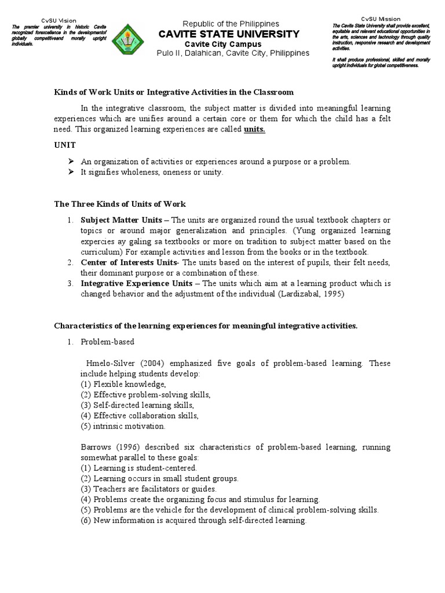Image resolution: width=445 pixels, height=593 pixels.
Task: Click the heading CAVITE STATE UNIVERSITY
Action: (231, 34)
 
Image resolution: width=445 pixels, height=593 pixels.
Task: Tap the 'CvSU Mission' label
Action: (381, 19)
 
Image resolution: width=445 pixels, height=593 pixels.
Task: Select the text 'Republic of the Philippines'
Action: (231, 24)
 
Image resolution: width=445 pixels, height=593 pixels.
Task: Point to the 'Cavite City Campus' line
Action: (222, 44)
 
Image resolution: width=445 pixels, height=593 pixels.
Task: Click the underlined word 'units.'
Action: (254, 129)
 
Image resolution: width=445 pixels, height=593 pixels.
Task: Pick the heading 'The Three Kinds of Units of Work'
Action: (120, 204)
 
